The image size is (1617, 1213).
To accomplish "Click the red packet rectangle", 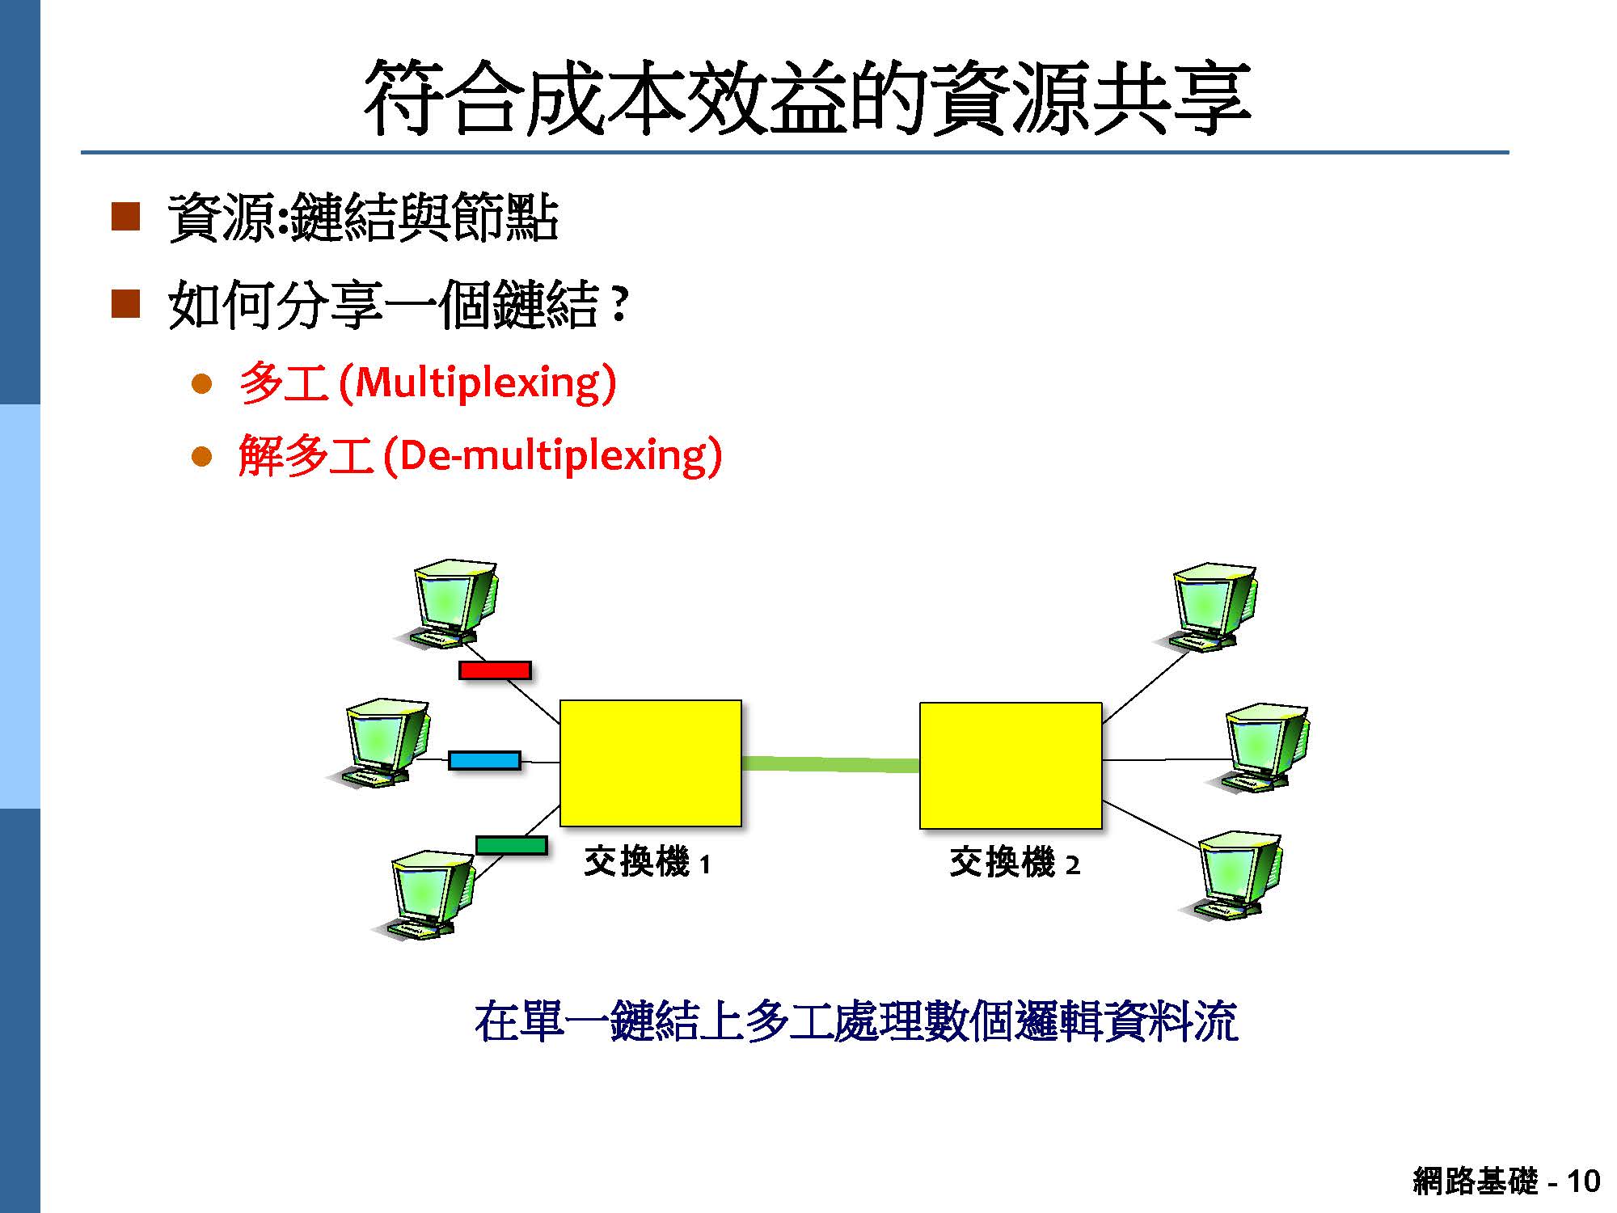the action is (495, 670).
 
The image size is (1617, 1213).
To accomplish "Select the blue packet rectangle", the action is (484, 760).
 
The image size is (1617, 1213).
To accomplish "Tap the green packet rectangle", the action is (511, 845).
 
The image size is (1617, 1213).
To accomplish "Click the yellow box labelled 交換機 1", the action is (651, 763).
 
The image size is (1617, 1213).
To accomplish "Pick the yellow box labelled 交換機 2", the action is (1011, 765).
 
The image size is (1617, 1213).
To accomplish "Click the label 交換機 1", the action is (647, 862).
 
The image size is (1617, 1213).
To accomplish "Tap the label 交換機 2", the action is (1015, 862).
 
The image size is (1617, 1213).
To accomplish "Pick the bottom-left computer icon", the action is (424, 894).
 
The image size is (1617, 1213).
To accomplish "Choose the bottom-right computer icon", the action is (1231, 876).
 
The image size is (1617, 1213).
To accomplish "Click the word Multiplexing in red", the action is (479, 382).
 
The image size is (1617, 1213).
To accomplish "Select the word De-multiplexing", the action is (553, 456).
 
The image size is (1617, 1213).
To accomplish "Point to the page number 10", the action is (1583, 1181).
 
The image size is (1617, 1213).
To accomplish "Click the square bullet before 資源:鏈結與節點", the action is (125, 217).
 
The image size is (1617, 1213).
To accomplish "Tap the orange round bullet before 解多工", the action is (201, 458).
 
